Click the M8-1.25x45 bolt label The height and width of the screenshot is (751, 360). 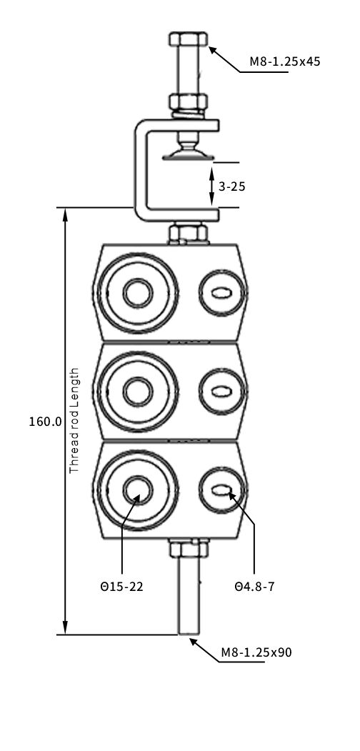pyautogui.click(x=285, y=61)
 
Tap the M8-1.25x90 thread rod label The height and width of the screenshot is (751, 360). pyautogui.click(x=256, y=652)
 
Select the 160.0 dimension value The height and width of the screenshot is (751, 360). pyautogui.click(x=46, y=422)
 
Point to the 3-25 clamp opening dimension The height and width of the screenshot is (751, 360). pyautogui.click(x=231, y=186)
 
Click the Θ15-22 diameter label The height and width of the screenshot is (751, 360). pyautogui.click(x=121, y=586)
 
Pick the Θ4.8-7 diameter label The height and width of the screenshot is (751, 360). pyautogui.click(x=255, y=586)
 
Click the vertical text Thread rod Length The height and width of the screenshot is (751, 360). pyautogui.click(x=74, y=421)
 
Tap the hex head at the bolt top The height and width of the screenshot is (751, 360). pyautogui.click(x=188, y=39)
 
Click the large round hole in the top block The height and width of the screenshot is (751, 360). pyautogui.click(x=138, y=293)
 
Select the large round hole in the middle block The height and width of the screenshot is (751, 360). pyautogui.click(x=138, y=392)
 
